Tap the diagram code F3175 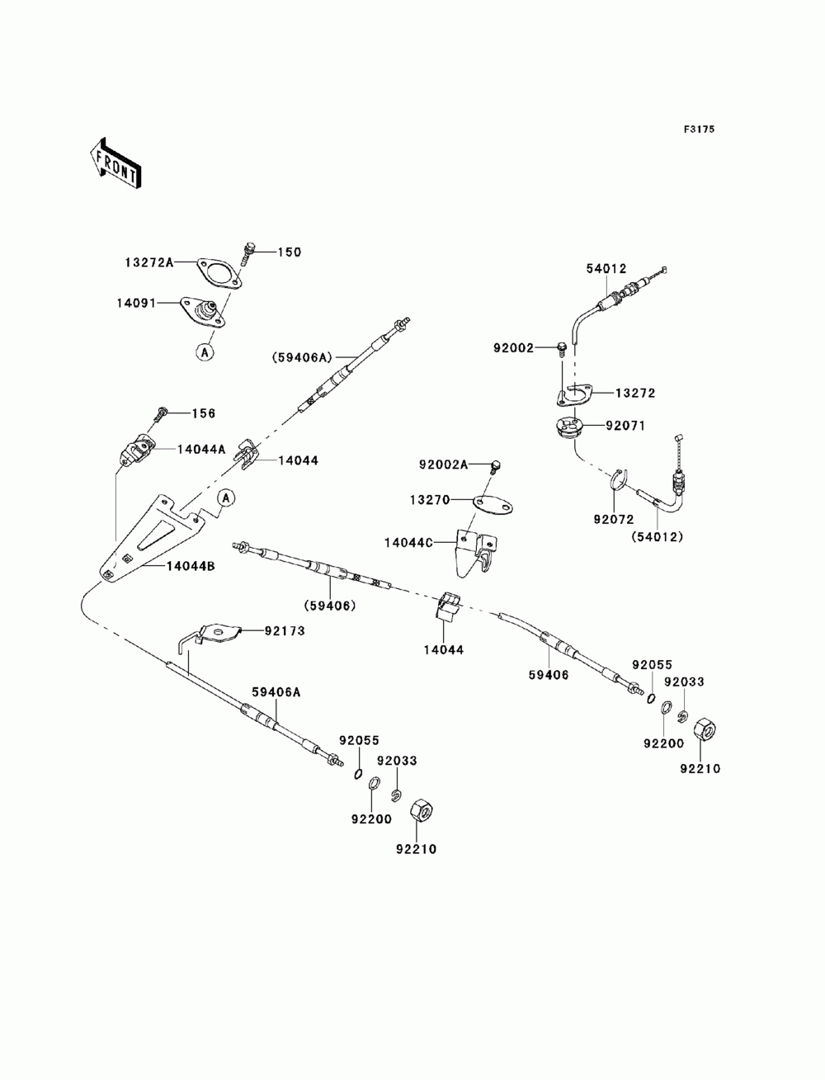699,130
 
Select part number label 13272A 149,262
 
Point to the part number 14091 136,303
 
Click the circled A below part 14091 205,351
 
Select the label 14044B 191,566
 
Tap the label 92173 285,631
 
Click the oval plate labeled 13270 492,505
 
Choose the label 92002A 443,465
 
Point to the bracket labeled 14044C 476,552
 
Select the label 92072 614,519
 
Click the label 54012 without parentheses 606,269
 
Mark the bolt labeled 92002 561,348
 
